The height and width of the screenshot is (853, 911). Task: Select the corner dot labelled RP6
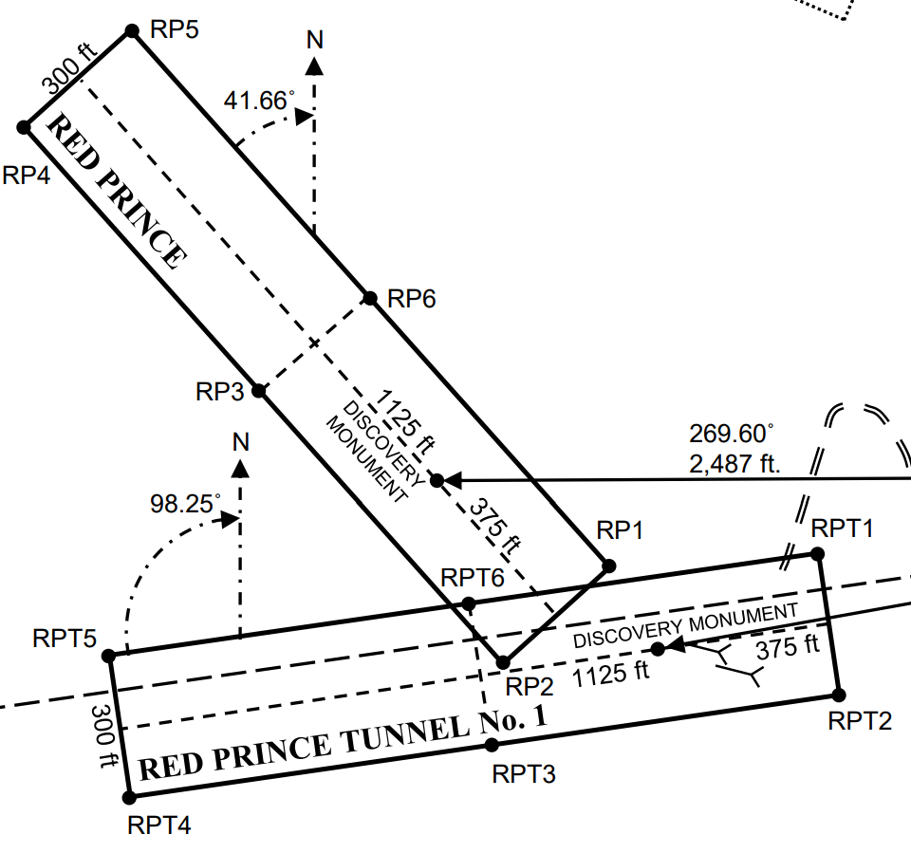pyautogui.click(x=371, y=298)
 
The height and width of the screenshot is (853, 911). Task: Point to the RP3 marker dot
pyautogui.click(x=261, y=389)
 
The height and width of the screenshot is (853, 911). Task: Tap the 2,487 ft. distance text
pyautogui.click(x=735, y=465)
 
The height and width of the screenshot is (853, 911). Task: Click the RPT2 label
pyautogui.click(x=860, y=721)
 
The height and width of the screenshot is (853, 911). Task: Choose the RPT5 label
pyautogui.click(x=65, y=638)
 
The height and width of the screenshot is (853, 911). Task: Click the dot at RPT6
pyautogui.click(x=467, y=603)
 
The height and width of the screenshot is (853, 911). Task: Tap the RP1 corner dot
pyautogui.click(x=609, y=566)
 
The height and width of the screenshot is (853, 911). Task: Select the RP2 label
pyautogui.click(x=529, y=686)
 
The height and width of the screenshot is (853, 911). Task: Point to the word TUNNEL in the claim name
pyautogui.click(x=410, y=734)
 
